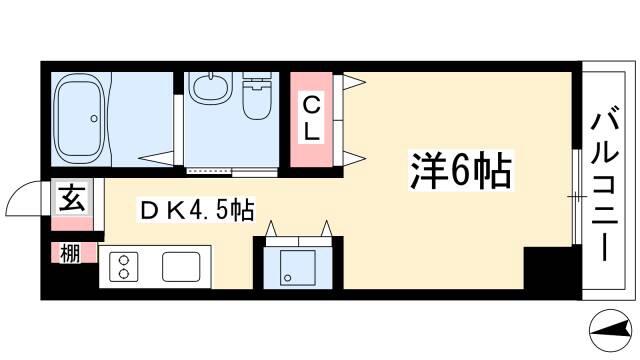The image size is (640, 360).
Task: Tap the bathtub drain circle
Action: [x=94, y=118]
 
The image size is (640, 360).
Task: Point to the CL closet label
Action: [x=311, y=119]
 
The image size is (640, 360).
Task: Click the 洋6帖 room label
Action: [x=461, y=171]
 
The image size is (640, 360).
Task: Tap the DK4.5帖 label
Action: [x=196, y=211]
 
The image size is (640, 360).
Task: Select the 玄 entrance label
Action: [x=72, y=198]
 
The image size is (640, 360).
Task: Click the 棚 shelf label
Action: [x=70, y=253]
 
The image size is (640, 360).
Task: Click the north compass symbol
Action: [x=611, y=330]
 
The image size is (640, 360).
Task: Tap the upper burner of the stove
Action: [x=123, y=259]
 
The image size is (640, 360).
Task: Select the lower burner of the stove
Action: [x=123, y=273]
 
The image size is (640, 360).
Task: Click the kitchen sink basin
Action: [x=181, y=267]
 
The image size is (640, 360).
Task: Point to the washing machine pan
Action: [x=298, y=268]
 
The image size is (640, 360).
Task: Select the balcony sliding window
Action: [x=576, y=197]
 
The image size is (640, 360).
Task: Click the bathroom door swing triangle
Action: [x=158, y=158]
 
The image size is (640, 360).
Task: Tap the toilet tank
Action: [x=257, y=80]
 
